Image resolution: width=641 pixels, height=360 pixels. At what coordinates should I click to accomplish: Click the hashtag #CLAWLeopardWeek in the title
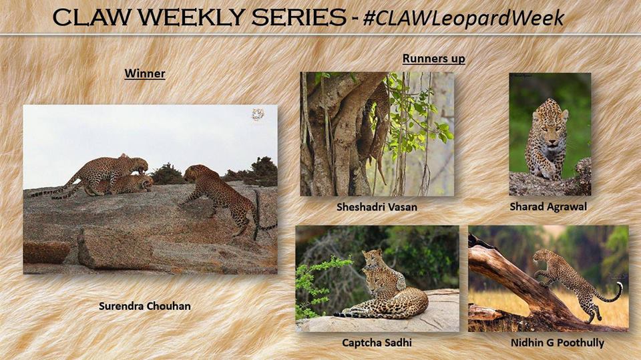click(463, 19)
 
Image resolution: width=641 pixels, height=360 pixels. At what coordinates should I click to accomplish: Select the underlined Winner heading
click(145, 73)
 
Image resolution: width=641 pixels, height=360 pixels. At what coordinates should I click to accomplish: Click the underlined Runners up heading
click(434, 59)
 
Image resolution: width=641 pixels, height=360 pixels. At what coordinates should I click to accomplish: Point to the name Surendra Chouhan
click(145, 306)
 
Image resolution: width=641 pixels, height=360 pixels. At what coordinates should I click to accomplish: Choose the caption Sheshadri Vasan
click(377, 207)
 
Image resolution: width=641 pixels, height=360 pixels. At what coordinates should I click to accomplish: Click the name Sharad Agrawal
click(548, 207)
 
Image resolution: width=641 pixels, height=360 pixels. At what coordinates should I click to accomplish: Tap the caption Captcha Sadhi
click(377, 343)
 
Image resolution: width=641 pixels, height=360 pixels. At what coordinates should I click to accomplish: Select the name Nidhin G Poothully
click(557, 343)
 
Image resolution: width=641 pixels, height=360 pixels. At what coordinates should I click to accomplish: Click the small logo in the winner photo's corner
click(258, 114)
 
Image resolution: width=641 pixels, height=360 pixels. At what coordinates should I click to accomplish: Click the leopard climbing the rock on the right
click(223, 197)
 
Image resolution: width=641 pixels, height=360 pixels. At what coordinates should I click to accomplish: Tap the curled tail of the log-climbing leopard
click(612, 293)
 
